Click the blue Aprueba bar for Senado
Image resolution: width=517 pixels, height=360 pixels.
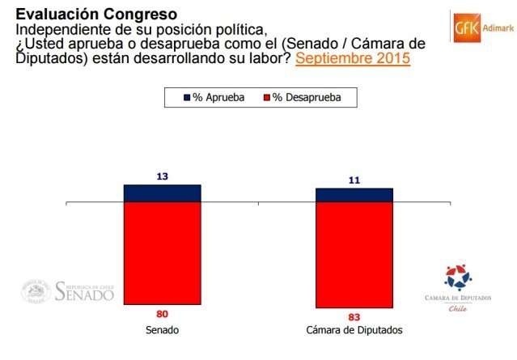162,193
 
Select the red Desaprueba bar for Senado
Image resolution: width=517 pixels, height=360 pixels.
162,252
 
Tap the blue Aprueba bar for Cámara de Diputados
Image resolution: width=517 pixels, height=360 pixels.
354,194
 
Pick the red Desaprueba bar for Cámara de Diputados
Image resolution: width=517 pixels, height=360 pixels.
354,254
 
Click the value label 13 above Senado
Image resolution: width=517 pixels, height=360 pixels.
162,176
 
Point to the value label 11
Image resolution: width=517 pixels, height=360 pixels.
354,180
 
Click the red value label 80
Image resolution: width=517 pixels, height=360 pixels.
162,313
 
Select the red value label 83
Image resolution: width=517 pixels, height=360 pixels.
354,316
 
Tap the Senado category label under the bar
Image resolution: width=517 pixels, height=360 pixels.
162,332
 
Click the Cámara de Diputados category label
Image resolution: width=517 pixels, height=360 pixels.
354,332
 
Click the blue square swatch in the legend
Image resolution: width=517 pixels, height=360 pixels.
188,98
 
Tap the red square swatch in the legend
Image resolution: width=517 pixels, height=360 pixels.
266,98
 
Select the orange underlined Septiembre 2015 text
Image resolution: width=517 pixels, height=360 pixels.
353,58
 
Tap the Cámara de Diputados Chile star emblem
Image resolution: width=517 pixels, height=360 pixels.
459,277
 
